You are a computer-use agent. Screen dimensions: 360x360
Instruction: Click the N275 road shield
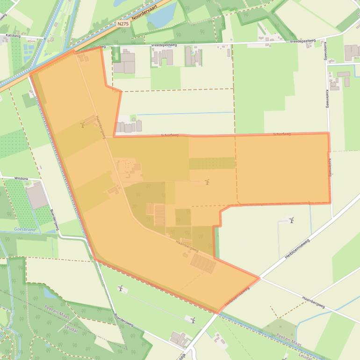(x=123, y=23)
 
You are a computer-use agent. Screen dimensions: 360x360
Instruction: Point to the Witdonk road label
(x=22, y=178)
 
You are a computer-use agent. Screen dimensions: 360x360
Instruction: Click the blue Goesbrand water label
(x=25, y=230)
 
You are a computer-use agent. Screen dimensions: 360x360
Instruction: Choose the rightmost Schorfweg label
(x=281, y=134)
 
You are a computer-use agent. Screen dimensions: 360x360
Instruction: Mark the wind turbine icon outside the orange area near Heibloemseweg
(x=292, y=220)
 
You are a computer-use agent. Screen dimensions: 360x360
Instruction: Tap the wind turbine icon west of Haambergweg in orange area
(x=83, y=124)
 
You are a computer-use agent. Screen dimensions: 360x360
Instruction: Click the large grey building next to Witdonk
(x=37, y=196)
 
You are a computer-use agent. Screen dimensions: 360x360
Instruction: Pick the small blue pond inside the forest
(x=49, y=293)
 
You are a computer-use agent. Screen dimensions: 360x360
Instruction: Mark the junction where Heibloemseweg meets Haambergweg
(x=259, y=278)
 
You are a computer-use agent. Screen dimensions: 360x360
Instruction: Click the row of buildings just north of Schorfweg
(x=129, y=126)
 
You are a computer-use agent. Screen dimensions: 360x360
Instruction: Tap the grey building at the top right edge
(x=352, y=52)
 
